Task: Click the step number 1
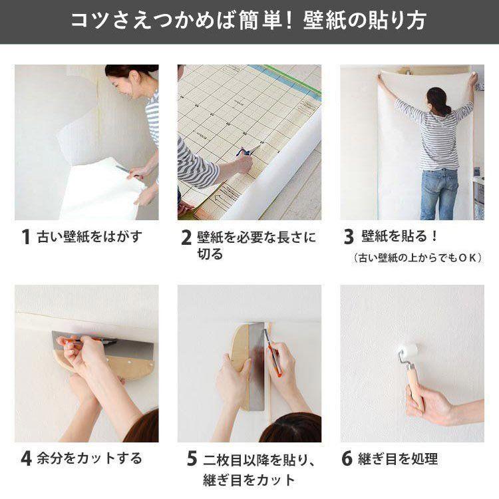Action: coord(26,237)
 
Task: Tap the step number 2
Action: coord(186,238)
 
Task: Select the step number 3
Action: coord(349,237)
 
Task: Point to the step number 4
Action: coord(27,458)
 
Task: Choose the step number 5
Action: coord(192,458)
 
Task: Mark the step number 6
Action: coord(347,458)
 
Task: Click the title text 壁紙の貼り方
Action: coord(365,21)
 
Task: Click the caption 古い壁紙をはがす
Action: coord(89,237)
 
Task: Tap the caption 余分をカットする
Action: coord(89,458)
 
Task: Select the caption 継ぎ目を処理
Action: coord(398,458)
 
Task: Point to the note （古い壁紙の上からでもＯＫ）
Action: coord(418,257)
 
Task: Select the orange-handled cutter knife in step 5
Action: coord(273,353)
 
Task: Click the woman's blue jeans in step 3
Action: coord(440,194)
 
